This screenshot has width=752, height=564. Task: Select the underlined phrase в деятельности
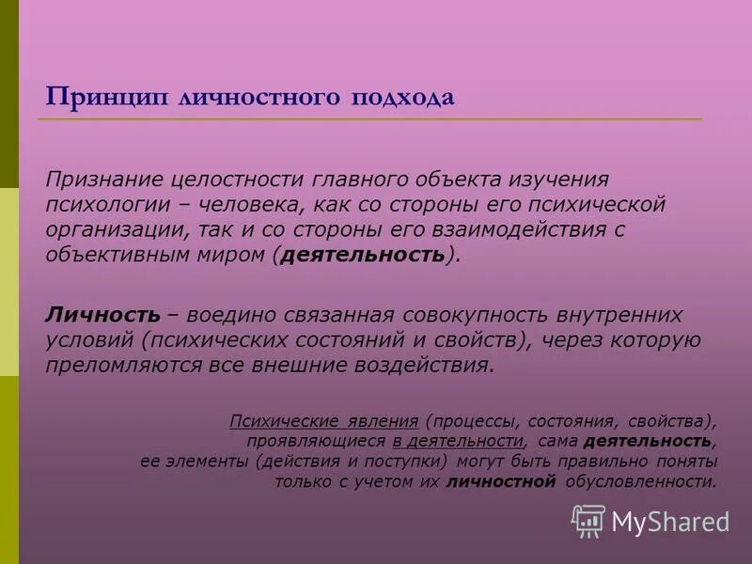coord(458,441)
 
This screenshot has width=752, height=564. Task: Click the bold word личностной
coord(502,482)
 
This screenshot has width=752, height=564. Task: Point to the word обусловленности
coord(641,482)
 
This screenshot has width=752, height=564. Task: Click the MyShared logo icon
coord(588,520)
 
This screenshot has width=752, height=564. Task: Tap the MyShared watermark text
coord(670,521)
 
